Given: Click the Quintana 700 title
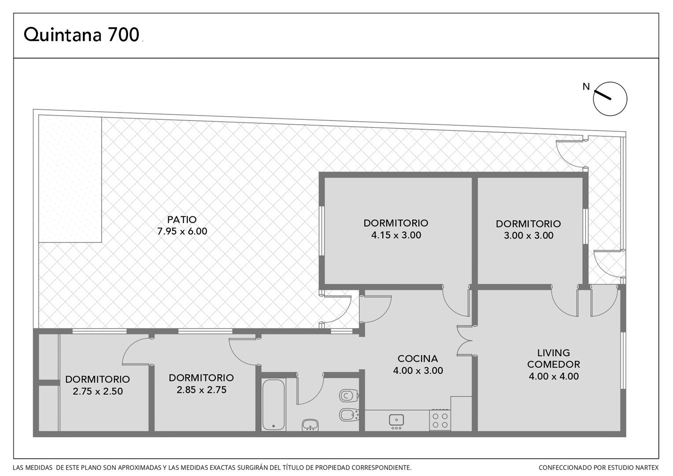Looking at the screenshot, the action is click(x=81, y=34).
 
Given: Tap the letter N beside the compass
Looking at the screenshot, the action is click(x=586, y=86).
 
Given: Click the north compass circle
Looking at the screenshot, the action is click(x=610, y=99).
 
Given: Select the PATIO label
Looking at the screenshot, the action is click(x=182, y=219).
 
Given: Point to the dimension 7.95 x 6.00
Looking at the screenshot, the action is click(x=182, y=231).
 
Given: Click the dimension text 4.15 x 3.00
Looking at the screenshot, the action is click(x=396, y=235).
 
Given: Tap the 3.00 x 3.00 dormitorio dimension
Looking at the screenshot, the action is click(x=529, y=235).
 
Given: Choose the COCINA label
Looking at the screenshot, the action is click(x=418, y=358).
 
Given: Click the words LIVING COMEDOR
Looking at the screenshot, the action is click(x=554, y=358).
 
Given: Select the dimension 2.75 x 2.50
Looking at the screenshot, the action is click(x=98, y=391).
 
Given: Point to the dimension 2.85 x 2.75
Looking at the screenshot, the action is click(x=201, y=390).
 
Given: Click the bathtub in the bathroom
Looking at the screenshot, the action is click(x=274, y=405).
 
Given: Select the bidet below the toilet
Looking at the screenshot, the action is click(x=349, y=415).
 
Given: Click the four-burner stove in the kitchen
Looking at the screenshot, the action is click(x=440, y=420).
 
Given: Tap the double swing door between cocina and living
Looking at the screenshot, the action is click(x=464, y=341).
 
